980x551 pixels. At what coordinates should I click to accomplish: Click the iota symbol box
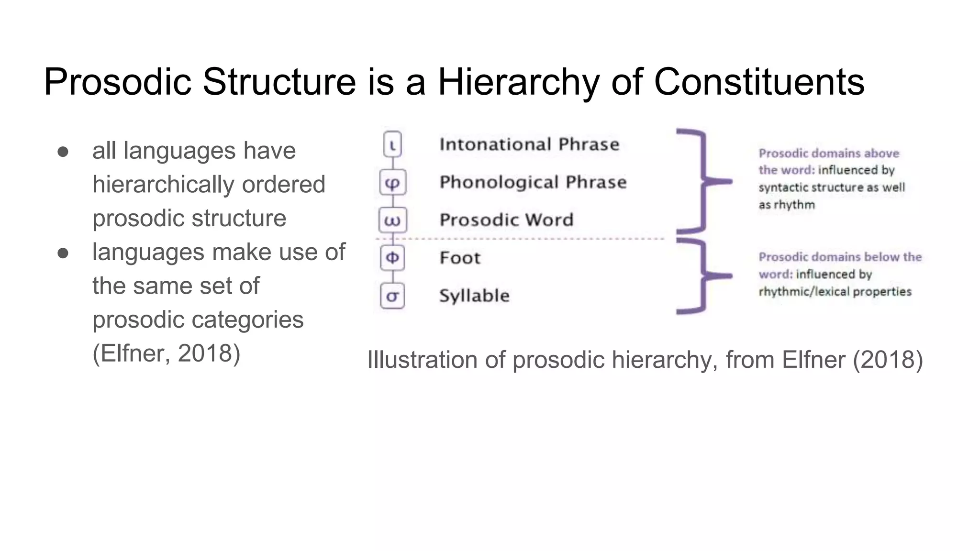(392, 144)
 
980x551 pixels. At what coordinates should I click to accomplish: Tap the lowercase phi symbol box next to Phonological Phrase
(392, 182)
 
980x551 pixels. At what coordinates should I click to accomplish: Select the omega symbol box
(392, 220)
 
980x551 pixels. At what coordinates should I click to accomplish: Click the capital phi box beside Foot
(392, 258)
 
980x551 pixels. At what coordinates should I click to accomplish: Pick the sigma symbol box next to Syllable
(392, 296)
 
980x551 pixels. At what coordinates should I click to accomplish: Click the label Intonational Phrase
(529, 144)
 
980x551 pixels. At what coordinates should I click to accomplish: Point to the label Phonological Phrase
(533, 182)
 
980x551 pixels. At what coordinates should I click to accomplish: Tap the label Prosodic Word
(506, 220)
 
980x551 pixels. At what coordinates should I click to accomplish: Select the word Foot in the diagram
(460, 258)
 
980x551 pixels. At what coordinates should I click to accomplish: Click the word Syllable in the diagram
(474, 296)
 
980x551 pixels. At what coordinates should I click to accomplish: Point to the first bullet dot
(63, 152)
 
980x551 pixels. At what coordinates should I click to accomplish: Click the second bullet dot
(63, 253)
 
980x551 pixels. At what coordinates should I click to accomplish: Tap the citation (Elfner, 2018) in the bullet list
(166, 353)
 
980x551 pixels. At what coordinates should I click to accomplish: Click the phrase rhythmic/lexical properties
(835, 291)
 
